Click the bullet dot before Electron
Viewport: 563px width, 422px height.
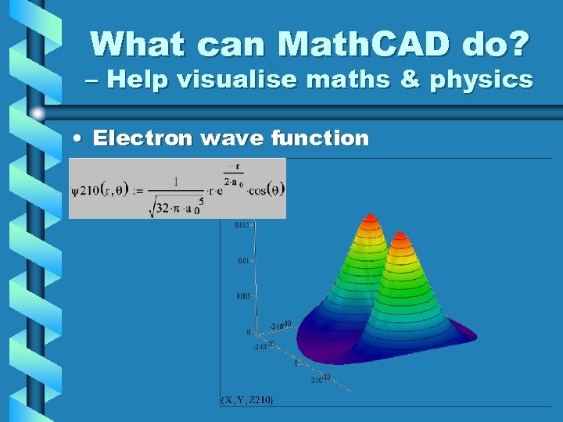click(x=77, y=139)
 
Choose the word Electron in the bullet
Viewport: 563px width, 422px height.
click(x=142, y=138)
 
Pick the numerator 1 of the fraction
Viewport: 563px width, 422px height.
click(x=176, y=181)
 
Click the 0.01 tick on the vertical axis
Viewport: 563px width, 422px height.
click(x=242, y=261)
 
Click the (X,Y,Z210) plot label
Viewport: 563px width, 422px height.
click(x=247, y=400)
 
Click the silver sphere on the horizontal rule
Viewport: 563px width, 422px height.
click(x=38, y=114)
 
